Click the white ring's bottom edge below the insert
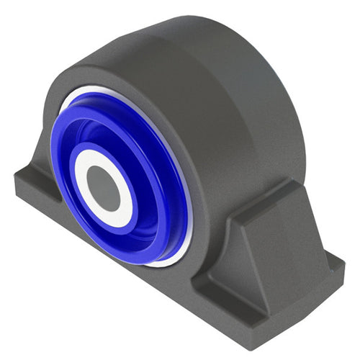(x=162, y=264)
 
